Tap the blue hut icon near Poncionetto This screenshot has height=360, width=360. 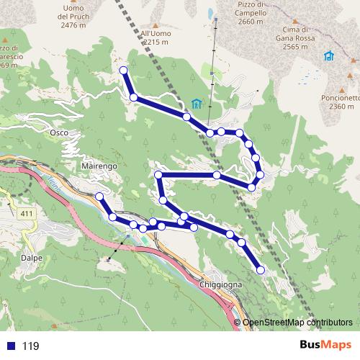329,56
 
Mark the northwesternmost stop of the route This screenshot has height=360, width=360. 124,70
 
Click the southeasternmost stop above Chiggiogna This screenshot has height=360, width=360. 261,270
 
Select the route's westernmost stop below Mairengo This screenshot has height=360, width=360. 99,197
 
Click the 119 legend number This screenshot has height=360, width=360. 30,346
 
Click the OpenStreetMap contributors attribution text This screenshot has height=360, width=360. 297,323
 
